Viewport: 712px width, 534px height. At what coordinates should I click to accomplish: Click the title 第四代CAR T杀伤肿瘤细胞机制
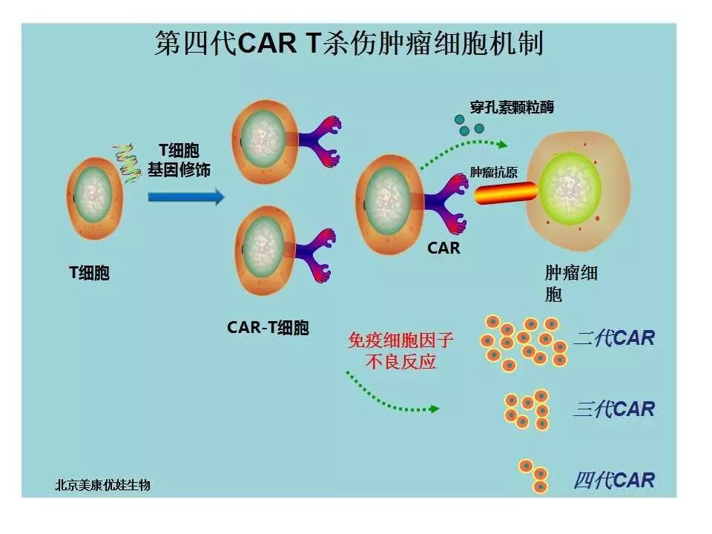coord(349,43)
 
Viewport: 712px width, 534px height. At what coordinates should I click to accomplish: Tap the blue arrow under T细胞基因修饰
coord(185,197)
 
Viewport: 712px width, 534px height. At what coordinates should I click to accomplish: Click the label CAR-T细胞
coord(268,327)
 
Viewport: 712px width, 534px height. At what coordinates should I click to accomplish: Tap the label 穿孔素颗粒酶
coord(512,108)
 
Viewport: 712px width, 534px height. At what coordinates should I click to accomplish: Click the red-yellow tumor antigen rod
coord(505,194)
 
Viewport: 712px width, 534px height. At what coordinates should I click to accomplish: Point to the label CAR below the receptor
coord(444,248)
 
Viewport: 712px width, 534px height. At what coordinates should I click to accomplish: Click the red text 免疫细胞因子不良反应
coord(401,351)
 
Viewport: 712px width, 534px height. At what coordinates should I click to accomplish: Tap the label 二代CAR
coord(615,339)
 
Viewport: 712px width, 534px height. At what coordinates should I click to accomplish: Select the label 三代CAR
coord(615,409)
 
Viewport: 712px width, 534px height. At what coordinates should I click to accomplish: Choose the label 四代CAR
coord(615,481)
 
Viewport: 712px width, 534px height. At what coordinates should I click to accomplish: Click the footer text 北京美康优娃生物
coord(103,485)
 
